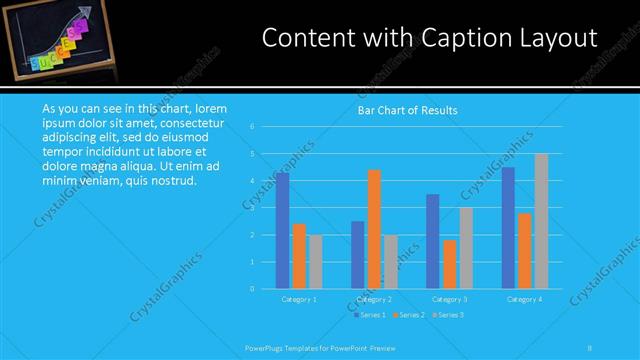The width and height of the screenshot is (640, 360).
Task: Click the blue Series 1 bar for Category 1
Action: [282, 231]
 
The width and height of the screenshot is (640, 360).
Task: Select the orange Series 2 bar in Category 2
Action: [374, 229]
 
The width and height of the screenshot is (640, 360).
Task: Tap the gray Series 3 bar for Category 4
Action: [541, 221]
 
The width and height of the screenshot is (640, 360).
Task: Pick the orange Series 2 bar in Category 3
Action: [449, 264]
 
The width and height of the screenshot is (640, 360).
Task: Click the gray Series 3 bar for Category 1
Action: [316, 262]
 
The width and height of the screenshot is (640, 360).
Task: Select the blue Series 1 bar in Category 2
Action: [357, 255]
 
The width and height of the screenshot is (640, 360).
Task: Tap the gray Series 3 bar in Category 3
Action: [466, 248]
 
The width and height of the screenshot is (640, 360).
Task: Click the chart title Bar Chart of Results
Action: [407, 111]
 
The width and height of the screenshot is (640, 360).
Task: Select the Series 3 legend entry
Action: [447, 315]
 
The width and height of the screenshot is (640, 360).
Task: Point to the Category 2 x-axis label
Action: [374, 299]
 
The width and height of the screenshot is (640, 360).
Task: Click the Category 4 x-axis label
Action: [524, 299]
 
